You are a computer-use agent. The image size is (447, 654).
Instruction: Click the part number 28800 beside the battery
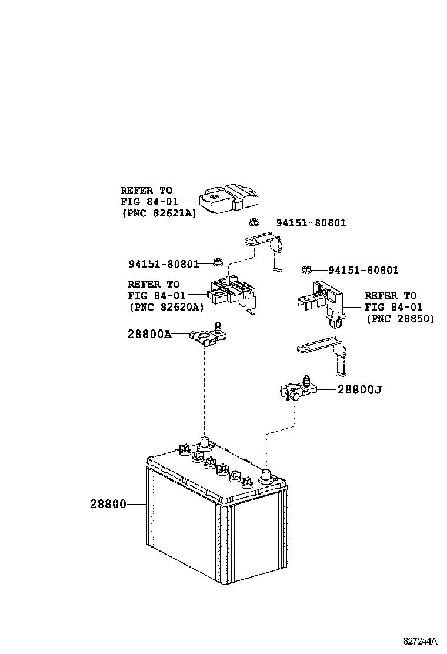click(x=108, y=504)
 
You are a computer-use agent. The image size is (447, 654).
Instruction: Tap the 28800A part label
click(x=149, y=334)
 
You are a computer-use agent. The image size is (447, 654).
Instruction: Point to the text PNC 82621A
click(x=159, y=214)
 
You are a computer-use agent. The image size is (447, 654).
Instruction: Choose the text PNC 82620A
click(x=166, y=307)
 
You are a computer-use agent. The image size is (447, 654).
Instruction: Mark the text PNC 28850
click(x=400, y=318)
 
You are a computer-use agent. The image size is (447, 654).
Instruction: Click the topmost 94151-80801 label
click(x=311, y=223)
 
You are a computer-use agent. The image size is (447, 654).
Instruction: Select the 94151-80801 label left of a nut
click(x=164, y=264)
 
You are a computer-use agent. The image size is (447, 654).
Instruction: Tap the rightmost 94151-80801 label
click(x=363, y=271)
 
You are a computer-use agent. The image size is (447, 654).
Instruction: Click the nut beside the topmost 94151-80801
click(x=254, y=222)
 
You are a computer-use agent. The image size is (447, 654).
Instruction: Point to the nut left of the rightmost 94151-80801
click(x=306, y=269)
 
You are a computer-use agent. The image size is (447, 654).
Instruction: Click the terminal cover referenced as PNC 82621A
click(x=229, y=199)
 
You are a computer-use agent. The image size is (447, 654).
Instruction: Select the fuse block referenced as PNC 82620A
click(x=233, y=293)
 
